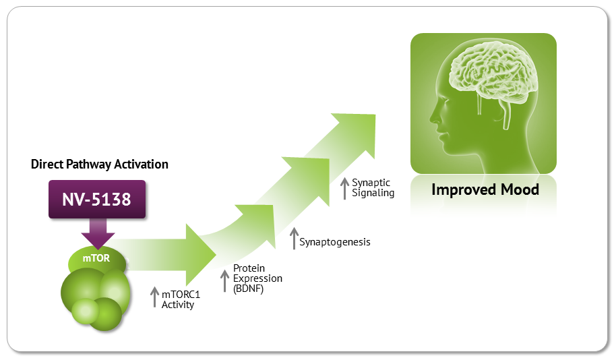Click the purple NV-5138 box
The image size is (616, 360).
tap(97, 200)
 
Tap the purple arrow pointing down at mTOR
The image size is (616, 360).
tap(98, 233)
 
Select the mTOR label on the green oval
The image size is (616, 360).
tap(96, 258)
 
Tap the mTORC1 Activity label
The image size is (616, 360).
tap(181, 299)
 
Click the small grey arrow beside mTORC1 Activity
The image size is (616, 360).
tap(155, 297)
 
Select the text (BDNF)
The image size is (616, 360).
tap(248, 289)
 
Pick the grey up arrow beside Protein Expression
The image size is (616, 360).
tap(224, 280)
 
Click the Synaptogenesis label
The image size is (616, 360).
tap(335, 242)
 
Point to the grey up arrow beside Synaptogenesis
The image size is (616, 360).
tap(294, 238)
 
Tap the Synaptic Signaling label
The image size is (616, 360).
tap(373, 187)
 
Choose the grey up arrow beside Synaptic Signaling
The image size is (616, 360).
tap(344, 188)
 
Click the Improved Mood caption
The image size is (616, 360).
tap(485, 189)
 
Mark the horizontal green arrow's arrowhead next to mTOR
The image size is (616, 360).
tap(200, 255)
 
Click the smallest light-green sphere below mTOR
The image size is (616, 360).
tap(85, 311)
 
